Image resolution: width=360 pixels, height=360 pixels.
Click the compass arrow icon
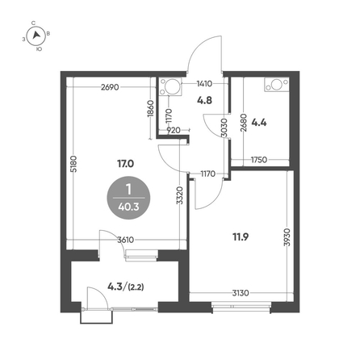pos(36,36)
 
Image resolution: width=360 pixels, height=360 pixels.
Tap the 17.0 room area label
pos(125,163)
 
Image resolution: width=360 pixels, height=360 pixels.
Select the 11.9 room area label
pos(241,237)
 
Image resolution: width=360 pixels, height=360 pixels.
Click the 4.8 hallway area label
pos(204,100)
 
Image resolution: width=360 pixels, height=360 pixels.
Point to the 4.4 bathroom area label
pos(259,123)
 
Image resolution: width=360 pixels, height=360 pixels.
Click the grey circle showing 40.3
pos(128,198)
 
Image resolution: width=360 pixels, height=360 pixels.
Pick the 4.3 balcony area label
pos(115,287)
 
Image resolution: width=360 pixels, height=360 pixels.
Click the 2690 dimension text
pos(110,87)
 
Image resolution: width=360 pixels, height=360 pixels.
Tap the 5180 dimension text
pos(73,164)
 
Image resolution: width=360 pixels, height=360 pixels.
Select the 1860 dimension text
pos(150,108)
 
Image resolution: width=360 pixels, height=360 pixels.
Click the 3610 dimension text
pos(126,240)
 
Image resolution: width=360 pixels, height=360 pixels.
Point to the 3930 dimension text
pos(287,237)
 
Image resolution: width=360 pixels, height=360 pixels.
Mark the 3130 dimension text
pos(241,293)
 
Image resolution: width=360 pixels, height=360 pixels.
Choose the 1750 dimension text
pos(259,160)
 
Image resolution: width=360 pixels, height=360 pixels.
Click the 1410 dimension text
pos(204,84)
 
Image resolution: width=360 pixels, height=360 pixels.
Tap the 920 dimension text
pos(174,130)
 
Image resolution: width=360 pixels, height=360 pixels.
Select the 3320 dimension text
pos(179,195)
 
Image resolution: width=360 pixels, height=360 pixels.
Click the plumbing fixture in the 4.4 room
pos(277,85)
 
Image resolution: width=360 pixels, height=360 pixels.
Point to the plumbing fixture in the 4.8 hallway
pos(170,86)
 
